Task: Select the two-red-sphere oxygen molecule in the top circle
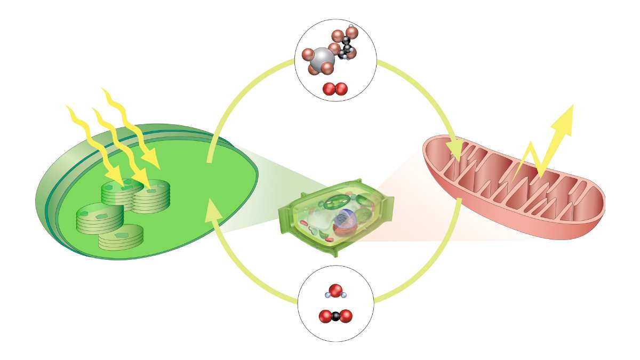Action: [335, 89]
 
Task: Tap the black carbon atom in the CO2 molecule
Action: [335, 316]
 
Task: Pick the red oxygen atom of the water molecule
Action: [335, 291]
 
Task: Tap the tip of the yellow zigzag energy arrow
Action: [572, 106]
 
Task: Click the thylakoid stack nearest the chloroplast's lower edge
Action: [121, 237]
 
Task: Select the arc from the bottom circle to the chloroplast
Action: [240, 267]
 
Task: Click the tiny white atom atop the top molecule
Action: [351, 26]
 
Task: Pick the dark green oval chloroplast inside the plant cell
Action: [335, 203]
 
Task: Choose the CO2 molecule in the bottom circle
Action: [335, 316]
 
